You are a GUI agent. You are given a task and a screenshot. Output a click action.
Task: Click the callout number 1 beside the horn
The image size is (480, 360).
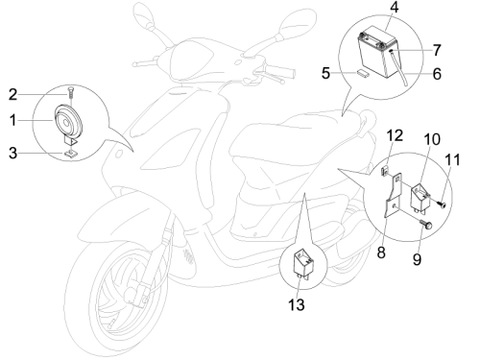click(x=12, y=120)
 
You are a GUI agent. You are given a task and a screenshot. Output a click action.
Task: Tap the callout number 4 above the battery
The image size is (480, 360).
click(x=395, y=7)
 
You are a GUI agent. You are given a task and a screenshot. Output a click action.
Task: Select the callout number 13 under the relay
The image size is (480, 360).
click(x=297, y=304)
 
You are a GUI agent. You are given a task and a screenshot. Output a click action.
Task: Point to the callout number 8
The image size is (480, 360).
click(x=381, y=252)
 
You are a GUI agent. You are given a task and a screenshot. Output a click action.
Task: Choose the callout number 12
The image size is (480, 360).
click(x=395, y=135)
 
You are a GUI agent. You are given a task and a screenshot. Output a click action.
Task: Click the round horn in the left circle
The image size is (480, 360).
click(x=68, y=122)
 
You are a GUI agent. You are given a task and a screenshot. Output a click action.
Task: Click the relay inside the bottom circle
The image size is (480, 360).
click(x=303, y=263)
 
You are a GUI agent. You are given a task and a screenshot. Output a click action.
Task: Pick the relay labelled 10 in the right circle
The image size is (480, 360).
click(x=420, y=197)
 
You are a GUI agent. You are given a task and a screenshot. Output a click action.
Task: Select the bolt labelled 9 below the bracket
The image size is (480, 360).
click(x=425, y=224)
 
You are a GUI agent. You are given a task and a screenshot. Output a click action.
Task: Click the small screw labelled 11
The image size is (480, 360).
click(x=442, y=204)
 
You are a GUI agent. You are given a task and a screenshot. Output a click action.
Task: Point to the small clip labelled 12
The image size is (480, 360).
click(x=385, y=170)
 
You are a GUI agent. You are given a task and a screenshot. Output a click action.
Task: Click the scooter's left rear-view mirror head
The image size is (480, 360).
click(x=141, y=14)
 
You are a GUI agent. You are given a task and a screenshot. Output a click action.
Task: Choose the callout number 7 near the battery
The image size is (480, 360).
click(x=437, y=50)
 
